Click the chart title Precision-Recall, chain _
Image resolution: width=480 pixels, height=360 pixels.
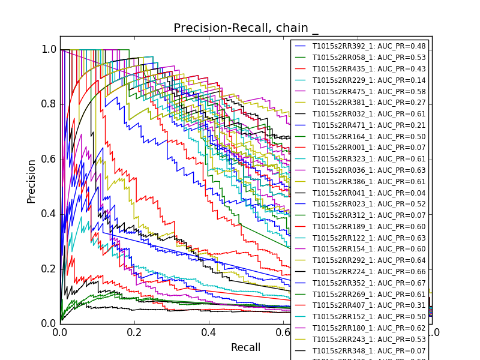point(246,28)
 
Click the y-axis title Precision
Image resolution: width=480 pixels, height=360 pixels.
point(31,181)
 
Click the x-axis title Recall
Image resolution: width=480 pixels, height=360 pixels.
point(246,347)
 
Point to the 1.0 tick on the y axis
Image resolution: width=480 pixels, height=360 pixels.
point(49,50)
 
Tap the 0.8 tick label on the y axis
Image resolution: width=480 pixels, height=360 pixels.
point(49,104)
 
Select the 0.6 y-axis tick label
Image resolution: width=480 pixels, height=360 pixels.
point(49,159)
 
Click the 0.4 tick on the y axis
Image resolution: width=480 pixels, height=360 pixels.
point(49,214)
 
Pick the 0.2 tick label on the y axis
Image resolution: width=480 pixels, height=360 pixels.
point(49,268)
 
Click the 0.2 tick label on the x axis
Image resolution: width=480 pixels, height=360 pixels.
point(134,332)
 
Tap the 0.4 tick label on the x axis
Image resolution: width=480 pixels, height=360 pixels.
point(209,332)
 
